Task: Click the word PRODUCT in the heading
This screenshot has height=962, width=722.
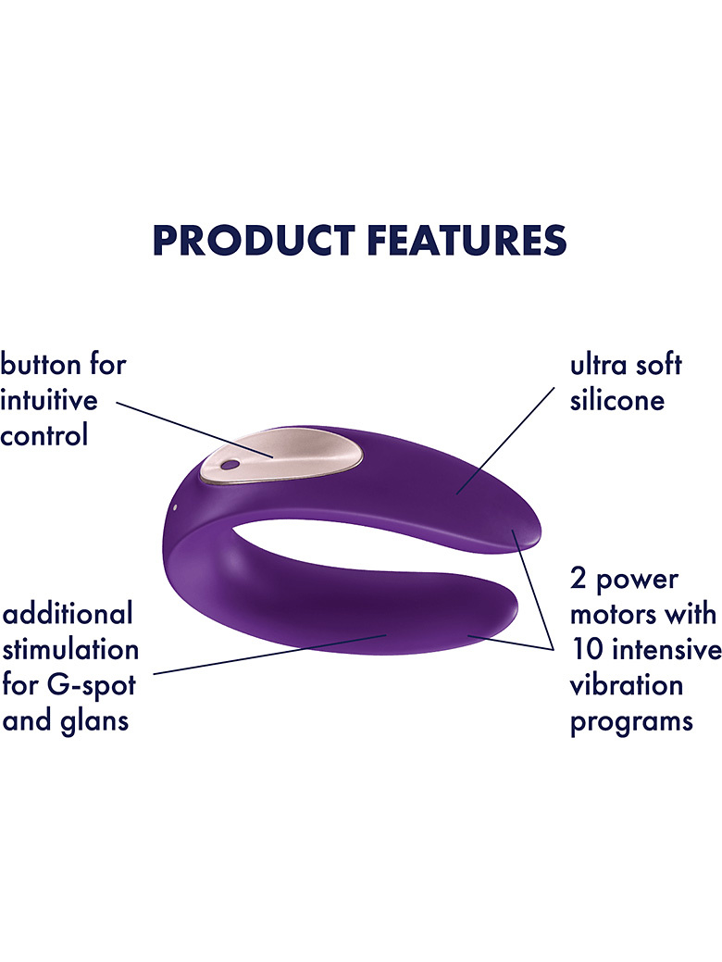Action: click(254, 239)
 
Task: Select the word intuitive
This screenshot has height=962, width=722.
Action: click(49, 400)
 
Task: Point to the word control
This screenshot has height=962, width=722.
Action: click(44, 435)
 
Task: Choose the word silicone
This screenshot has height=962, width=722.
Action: click(617, 400)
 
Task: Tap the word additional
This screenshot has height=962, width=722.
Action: click(68, 613)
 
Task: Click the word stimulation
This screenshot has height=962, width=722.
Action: click(70, 649)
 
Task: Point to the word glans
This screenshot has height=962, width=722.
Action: click(93, 721)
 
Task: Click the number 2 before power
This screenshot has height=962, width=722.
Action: click(578, 578)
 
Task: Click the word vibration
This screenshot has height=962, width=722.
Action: click(627, 684)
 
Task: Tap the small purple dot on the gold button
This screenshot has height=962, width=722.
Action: click(229, 466)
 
